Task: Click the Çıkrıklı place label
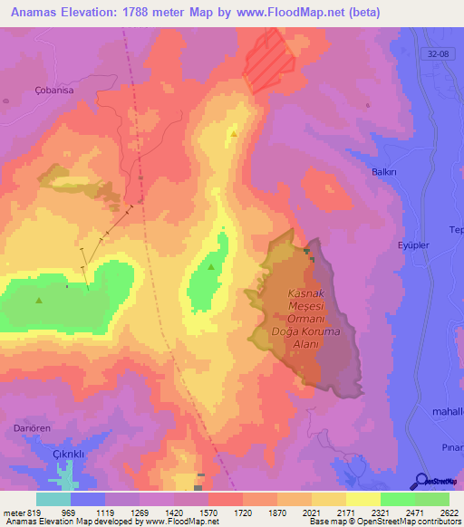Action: (59, 454)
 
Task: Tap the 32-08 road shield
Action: (439, 55)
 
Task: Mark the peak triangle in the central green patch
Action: (211, 267)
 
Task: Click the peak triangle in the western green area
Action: (39, 301)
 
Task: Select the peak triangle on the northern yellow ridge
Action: (234, 134)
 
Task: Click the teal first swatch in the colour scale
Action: (53, 499)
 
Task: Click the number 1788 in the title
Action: (154, 12)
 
